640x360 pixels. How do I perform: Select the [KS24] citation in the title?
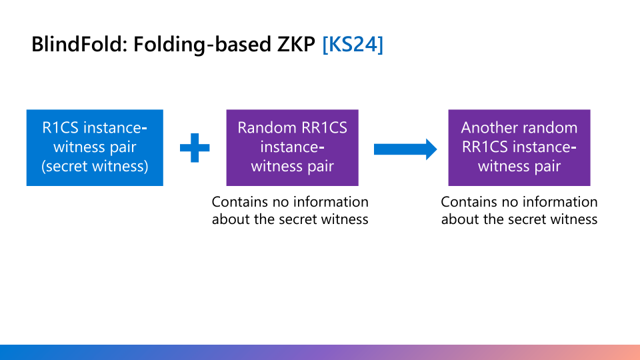pos(353,45)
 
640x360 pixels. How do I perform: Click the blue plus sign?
pos(195,148)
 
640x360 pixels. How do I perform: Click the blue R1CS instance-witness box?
pos(95,147)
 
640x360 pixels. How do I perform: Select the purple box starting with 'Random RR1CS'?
pos(292,147)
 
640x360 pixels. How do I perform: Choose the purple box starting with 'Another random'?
pos(519,147)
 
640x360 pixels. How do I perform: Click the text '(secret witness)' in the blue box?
pos(95,167)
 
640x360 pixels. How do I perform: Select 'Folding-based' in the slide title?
pos(191,45)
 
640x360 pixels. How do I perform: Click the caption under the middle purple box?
pos(290,210)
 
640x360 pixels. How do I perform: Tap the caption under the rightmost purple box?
pos(519,210)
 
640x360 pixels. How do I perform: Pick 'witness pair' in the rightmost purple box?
pos(519,167)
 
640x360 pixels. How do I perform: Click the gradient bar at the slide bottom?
pos(320,352)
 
